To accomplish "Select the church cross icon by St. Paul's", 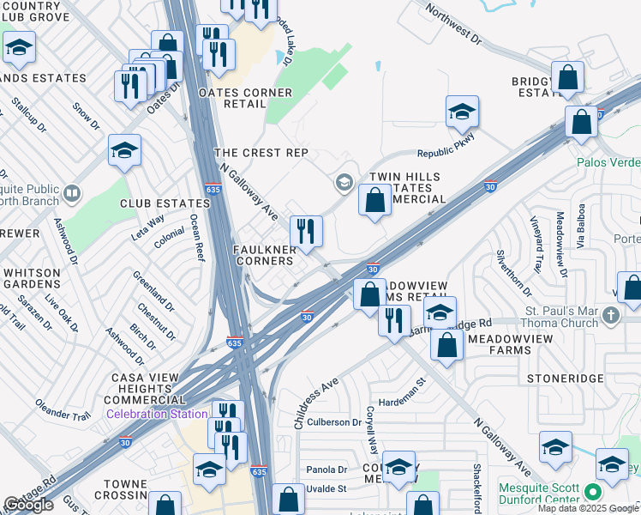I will click(610, 315).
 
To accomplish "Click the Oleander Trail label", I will click(63, 409).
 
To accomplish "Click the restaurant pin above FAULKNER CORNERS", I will click(305, 231).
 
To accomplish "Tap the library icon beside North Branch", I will click(72, 192).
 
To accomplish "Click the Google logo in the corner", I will click(28, 506).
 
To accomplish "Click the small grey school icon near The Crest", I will click(344, 181).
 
